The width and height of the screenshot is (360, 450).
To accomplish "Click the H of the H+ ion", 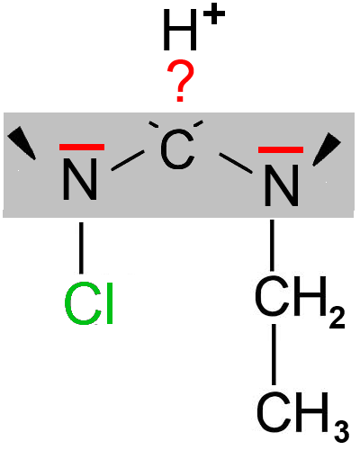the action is (180, 30).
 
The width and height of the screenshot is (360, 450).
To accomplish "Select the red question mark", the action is (181, 81).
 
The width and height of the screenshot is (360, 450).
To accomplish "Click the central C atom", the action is (177, 149).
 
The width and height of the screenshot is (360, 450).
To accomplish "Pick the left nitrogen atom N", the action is (80, 179).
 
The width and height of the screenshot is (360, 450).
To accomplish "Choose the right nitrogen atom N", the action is (282, 185).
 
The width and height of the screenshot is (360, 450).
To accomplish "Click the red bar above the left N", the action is (82, 147).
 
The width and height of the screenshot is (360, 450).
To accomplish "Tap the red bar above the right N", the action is (281, 149).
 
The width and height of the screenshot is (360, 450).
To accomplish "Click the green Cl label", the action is (89, 303).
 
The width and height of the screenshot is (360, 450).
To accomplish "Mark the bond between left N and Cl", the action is (81, 247).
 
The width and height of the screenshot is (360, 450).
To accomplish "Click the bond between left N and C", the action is (128, 161).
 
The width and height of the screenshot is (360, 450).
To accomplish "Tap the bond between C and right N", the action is (236, 163).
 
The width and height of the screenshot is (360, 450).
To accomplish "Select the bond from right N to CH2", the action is (272, 245).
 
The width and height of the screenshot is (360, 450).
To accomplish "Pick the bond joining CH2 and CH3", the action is (274, 355).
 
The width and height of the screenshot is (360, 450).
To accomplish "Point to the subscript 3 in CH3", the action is (341, 431).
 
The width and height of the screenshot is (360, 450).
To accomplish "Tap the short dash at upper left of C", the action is (154, 124).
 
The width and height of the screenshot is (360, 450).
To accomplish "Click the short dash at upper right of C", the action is (198, 123).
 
